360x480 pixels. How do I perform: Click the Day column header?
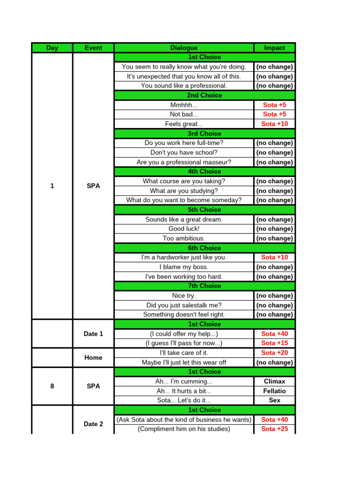coord(52,48)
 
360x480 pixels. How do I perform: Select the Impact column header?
coord(274,48)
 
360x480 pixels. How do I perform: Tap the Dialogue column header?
coord(184,48)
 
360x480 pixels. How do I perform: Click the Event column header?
coord(93,48)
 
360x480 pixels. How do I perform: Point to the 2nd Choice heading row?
coord(204,95)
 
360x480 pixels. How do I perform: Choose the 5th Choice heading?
coord(204,210)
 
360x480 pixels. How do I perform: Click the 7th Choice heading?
coord(204,286)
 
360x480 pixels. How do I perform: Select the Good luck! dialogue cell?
coord(184,229)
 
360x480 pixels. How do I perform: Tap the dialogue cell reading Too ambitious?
coord(184,238)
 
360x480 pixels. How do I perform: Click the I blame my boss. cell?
coord(184,267)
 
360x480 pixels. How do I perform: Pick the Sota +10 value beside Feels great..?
coord(274,124)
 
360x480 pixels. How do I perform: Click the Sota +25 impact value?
coord(274,429)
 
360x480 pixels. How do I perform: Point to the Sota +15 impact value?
coord(274,343)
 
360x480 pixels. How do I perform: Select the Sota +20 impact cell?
coord(274,352)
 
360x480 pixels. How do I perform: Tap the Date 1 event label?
coord(93,334)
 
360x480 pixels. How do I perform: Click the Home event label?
coord(93,358)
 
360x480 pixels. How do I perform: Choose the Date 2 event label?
coord(93,424)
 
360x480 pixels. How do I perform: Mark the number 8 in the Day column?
coord(52,386)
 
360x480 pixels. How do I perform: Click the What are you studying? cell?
coord(184,191)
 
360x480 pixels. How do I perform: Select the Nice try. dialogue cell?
coord(184,295)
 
